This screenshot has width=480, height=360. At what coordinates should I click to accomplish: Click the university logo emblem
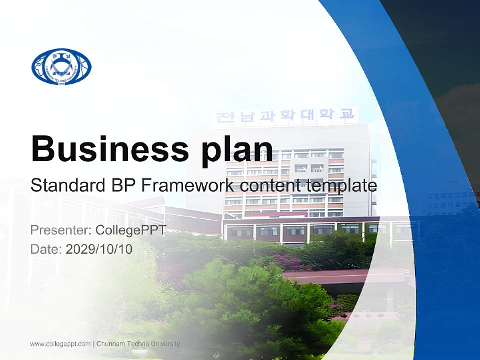tap(61, 66)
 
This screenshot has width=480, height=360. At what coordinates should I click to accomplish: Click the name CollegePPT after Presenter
tap(130, 230)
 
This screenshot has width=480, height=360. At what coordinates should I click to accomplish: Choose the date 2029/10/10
tap(99, 249)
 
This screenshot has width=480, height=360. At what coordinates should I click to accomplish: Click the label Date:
tap(46, 249)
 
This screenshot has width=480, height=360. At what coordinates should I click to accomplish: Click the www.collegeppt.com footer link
tap(60, 344)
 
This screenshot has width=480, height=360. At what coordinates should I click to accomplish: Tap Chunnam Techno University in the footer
tap(138, 344)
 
